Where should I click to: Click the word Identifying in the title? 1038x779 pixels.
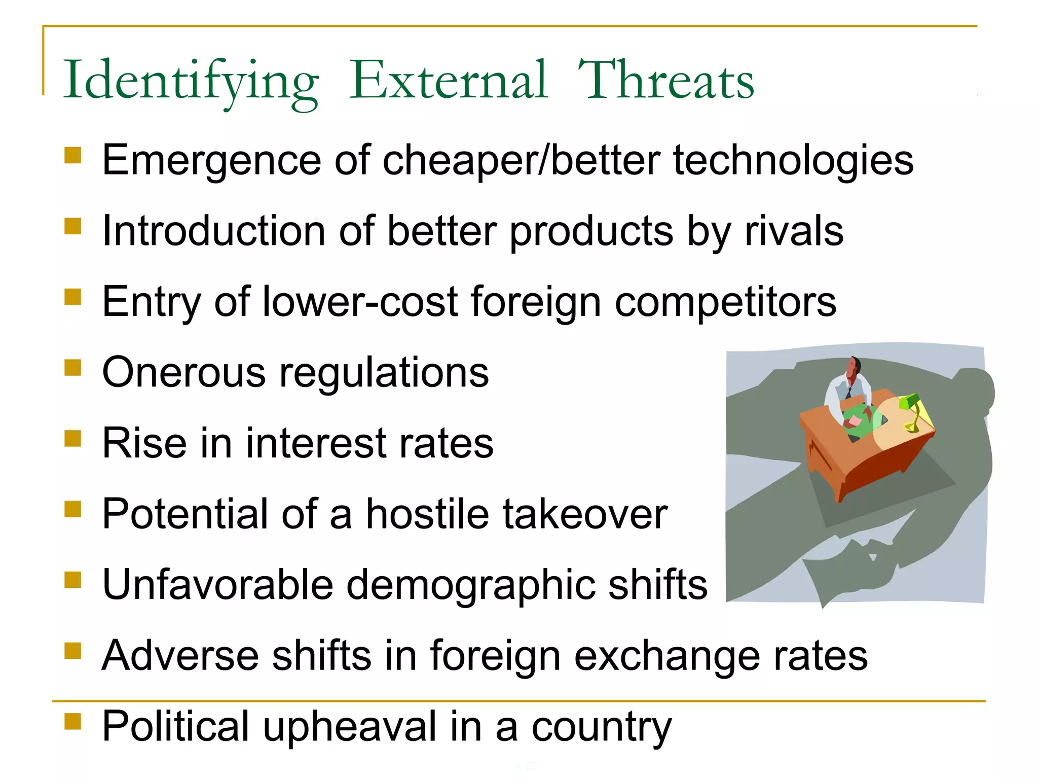[x=191, y=81]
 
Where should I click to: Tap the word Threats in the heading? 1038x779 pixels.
[x=665, y=81]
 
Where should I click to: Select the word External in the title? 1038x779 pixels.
[x=449, y=81]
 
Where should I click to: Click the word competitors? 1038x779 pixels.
[x=725, y=302]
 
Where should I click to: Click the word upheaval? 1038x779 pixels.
[x=350, y=727]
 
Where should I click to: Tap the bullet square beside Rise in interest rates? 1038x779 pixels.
[x=73, y=438]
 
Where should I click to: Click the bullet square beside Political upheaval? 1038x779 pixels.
[x=73, y=721]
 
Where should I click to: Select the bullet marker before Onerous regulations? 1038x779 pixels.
[x=73, y=368]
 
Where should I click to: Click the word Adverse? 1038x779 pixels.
[x=180, y=656]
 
